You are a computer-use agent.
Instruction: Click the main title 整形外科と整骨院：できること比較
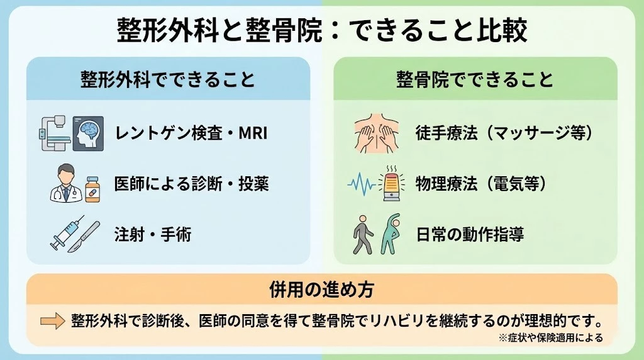(x=322, y=31)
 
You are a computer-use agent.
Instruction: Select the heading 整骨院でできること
(x=475, y=79)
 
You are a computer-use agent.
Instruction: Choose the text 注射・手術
(x=153, y=235)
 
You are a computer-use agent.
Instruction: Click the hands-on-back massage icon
(x=375, y=133)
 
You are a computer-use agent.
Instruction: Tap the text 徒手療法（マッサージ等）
(x=503, y=133)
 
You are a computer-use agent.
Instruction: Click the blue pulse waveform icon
(x=362, y=184)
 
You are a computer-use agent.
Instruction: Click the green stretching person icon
(x=391, y=234)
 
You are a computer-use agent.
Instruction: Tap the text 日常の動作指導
(x=469, y=235)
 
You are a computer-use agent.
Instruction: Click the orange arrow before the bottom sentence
(x=53, y=321)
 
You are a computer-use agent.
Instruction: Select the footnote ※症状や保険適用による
(x=550, y=338)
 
